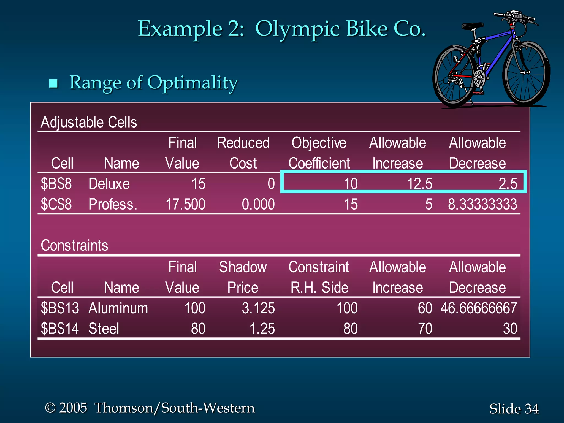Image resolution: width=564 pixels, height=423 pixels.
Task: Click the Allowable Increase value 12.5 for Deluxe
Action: pos(419,184)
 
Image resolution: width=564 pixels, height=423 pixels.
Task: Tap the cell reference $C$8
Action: pos(56,204)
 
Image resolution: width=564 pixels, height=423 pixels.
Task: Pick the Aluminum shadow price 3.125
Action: pos(258,308)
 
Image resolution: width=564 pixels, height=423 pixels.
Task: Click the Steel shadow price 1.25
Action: pos(262,329)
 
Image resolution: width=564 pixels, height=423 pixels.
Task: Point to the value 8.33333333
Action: pos(482,204)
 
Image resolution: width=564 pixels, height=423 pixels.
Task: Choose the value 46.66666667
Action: pos(479,308)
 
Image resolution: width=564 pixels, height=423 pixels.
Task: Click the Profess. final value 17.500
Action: pos(185,204)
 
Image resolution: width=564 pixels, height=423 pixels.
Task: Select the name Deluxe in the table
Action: pos(109,184)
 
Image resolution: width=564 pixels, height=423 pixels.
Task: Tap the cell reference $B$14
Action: pos(60,329)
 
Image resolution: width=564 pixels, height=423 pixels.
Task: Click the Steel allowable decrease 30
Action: pos(510,329)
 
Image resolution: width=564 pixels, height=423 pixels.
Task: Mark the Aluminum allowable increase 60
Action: pos(425,308)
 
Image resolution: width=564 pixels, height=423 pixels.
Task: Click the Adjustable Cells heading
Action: pos(89,122)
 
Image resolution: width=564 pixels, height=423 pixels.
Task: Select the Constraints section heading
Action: pos(74,245)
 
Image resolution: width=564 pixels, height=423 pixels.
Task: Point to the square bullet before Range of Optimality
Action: pos(53,83)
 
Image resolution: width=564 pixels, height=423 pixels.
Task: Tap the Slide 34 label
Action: pos(514,408)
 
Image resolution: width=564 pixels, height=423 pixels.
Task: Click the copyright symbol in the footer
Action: pos(50,408)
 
